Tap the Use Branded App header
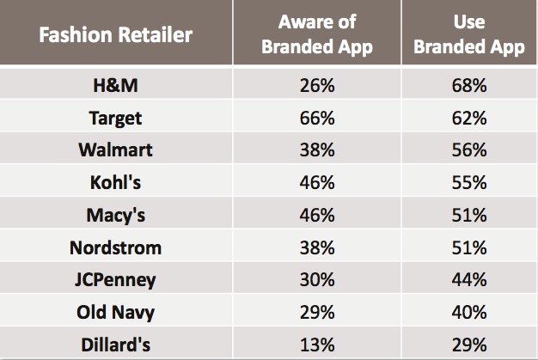pyautogui.click(x=468, y=34)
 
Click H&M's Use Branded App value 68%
pyautogui.click(x=468, y=86)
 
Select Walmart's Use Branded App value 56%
pyautogui.click(x=468, y=149)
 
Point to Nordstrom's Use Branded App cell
pyautogui.click(x=468, y=249)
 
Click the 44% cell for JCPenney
pyautogui.click(x=468, y=281)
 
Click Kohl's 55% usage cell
pyautogui.click(x=468, y=181)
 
